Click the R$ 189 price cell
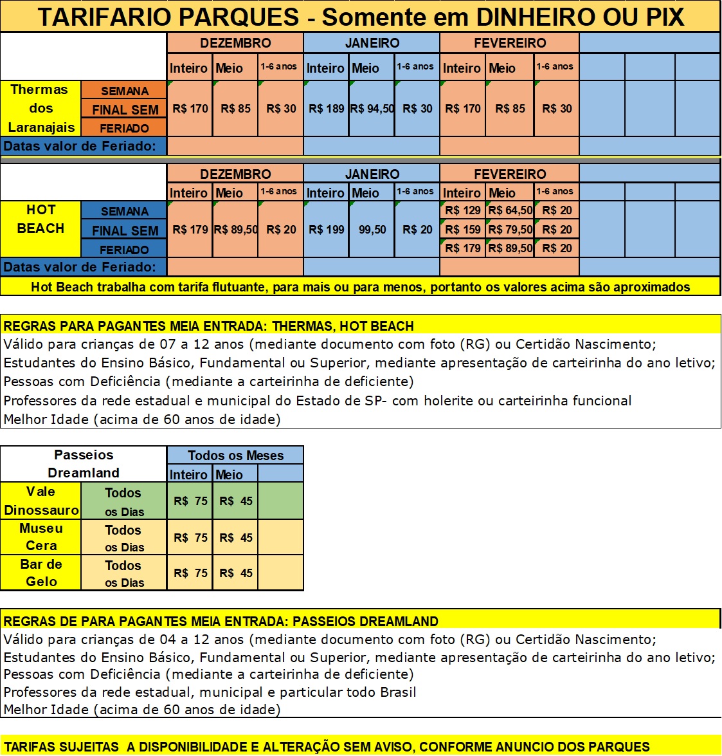(x=327, y=109)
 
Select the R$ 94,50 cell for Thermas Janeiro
(x=372, y=109)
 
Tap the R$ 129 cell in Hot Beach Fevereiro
(x=463, y=210)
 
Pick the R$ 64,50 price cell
(x=510, y=210)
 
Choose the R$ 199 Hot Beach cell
(x=327, y=230)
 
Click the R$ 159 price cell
(x=463, y=230)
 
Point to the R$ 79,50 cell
(x=510, y=230)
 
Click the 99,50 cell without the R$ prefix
(x=372, y=230)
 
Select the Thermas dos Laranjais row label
(x=41, y=108)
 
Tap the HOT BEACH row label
(x=41, y=219)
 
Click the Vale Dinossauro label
(x=41, y=501)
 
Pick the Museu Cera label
(x=41, y=537)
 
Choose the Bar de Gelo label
(x=41, y=573)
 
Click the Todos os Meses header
(x=235, y=456)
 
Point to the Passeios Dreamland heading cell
(x=84, y=464)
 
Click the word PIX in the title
(x=665, y=17)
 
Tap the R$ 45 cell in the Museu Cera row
(x=236, y=537)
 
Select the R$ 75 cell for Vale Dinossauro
(x=190, y=501)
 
